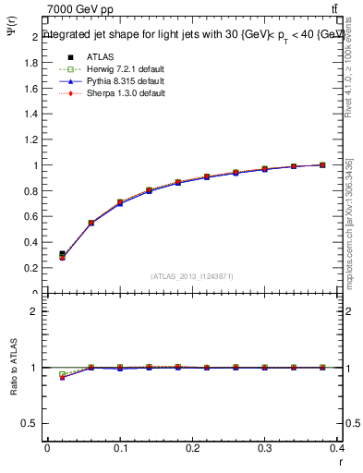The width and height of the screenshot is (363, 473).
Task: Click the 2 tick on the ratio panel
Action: click(37, 311)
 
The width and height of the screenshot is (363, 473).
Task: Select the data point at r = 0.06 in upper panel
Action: click(91, 223)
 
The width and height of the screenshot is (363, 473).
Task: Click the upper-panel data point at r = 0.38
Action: click(322, 165)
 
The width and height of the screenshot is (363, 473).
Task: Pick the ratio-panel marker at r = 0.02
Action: click(62, 375)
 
